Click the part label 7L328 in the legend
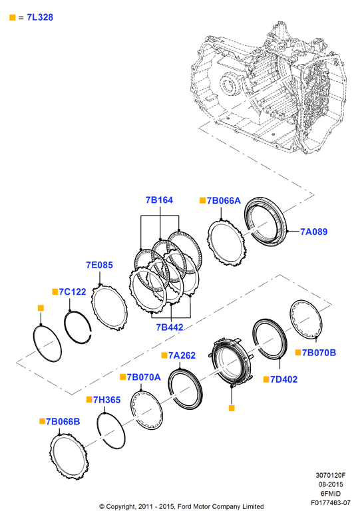40,17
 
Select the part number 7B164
159,200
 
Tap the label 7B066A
224,201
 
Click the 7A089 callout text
314,232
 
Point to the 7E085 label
99,265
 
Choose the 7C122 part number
73,291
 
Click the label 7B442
170,327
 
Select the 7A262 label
182,355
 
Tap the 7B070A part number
144,377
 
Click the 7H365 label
106,400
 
